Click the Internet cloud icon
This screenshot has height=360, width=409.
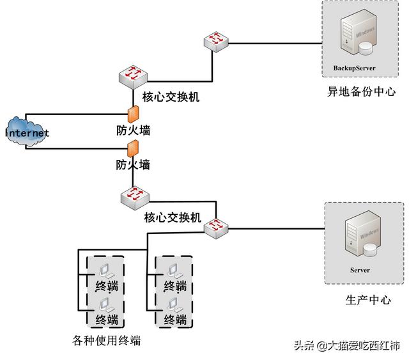pos(27,132)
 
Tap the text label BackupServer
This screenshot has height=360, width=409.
pos(354,67)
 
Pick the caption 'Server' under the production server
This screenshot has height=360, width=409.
pos(360,270)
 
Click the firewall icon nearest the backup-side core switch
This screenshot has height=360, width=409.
pos(134,115)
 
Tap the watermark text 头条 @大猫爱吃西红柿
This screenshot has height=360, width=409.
pos(346,346)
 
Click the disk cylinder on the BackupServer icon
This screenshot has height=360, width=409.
pos(366,47)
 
